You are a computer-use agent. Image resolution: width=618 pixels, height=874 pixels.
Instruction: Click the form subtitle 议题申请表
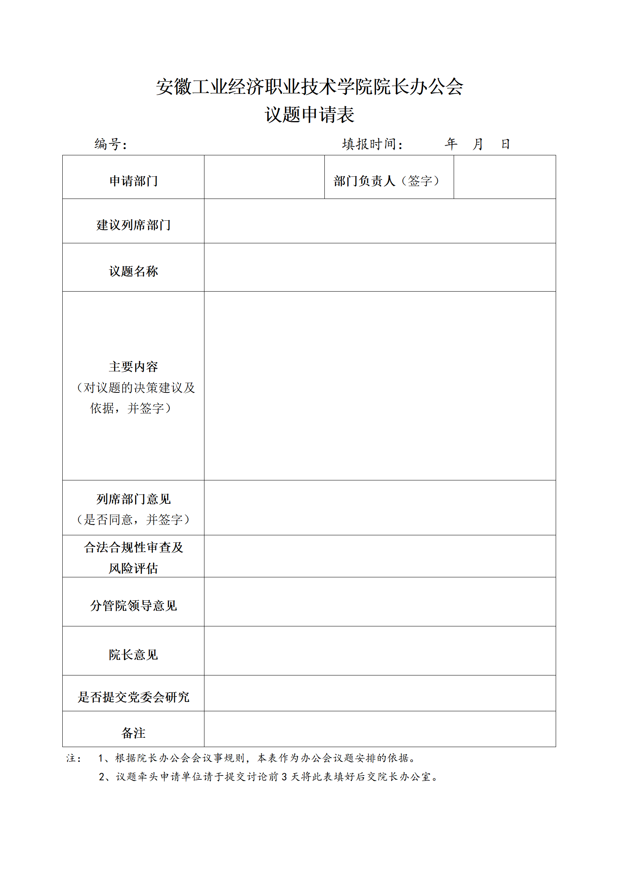tap(309, 115)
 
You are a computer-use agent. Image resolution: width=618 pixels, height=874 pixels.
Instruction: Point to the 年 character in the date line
tap(451, 144)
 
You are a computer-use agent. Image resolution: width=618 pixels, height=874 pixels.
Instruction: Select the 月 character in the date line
tap(478, 144)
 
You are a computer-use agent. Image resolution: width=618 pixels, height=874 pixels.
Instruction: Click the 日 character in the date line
tap(505, 144)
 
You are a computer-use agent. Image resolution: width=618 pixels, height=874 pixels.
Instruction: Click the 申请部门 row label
tap(134, 181)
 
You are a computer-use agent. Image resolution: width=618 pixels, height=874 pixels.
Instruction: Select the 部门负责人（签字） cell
tap(387, 181)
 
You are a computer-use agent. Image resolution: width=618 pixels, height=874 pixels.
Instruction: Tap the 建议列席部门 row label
tap(134, 225)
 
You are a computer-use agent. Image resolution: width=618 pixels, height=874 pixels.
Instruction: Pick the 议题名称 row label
tap(134, 271)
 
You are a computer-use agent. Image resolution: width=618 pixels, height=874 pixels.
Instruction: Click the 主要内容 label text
tap(134, 367)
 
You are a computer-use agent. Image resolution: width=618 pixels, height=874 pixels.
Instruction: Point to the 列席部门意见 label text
tap(134, 499)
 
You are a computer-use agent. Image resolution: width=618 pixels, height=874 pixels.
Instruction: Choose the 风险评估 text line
tap(134, 568)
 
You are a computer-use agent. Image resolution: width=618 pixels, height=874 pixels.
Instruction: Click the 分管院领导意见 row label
tap(134, 606)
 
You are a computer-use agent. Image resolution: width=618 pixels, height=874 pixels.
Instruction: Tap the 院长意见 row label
tap(134, 655)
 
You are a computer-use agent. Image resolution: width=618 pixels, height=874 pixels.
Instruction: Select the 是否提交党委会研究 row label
tap(134, 697)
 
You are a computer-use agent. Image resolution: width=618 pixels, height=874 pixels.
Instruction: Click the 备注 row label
tap(134, 733)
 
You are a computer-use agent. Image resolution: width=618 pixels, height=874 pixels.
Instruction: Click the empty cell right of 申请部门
tap(264, 177)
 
